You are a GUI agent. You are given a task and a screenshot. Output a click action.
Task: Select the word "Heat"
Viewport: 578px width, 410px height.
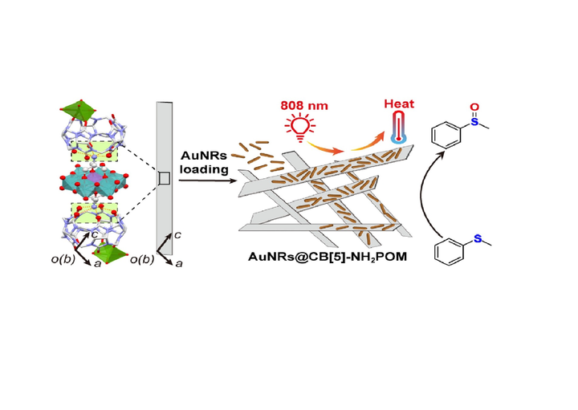click(398, 104)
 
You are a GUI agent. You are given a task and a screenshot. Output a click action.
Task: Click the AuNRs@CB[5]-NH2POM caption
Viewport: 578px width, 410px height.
click(326, 255)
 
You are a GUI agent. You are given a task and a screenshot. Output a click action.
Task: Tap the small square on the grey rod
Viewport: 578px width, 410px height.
click(164, 179)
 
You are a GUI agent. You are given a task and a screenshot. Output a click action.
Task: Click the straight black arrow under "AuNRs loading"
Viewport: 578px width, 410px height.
click(205, 180)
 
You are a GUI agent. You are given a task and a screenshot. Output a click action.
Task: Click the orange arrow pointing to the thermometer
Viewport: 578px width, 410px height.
click(369, 144)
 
